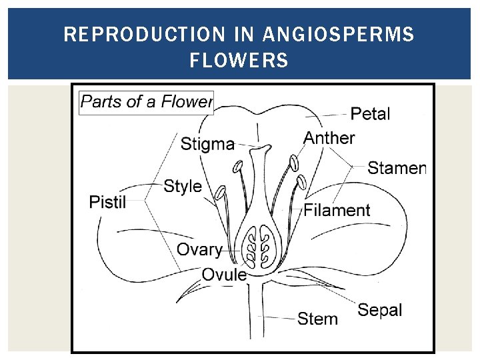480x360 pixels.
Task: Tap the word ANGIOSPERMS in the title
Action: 339,34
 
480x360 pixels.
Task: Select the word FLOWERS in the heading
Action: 239,61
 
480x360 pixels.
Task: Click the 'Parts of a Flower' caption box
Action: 146,102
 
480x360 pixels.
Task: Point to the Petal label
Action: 370,114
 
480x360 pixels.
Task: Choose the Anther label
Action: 329,138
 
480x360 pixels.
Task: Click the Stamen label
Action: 396,168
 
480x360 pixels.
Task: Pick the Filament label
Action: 337,210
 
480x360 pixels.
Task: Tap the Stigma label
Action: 207,143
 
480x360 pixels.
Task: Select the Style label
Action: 182,186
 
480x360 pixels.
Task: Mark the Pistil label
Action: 107,201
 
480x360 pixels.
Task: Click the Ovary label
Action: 199,249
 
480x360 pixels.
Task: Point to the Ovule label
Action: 224,274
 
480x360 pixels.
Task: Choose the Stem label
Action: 317,319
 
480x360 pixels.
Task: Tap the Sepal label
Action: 380,309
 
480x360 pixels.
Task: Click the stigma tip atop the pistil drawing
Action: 263,148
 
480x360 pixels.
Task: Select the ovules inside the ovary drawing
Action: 257,247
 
